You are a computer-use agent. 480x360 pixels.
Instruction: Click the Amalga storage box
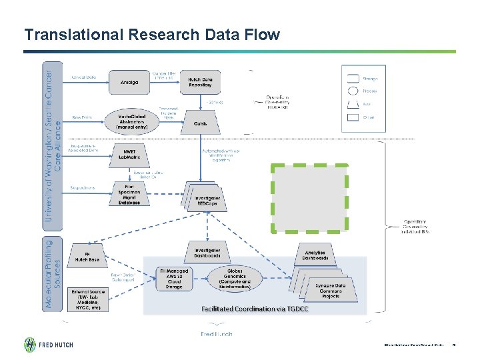click(x=129, y=83)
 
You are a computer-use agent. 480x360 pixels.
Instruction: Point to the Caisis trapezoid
click(x=201, y=123)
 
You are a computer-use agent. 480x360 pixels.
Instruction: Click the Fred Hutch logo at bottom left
click(x=49, y=345)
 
